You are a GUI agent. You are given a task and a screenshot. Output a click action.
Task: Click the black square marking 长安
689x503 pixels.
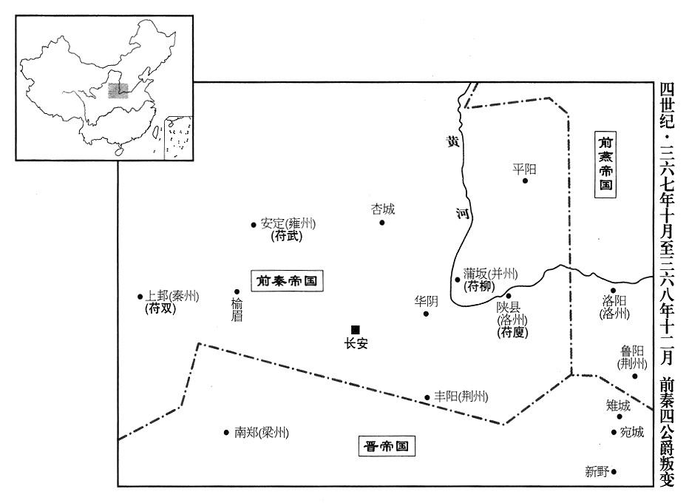tap(356, 330)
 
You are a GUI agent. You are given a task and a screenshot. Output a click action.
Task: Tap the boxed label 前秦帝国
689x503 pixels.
tap(287, 280)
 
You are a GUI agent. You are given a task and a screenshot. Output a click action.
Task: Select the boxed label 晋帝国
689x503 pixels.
tap(386, 446)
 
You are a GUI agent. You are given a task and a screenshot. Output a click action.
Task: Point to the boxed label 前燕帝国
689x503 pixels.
tap(605, 164)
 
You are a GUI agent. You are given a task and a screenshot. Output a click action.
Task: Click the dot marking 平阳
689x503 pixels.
tap(525, 180)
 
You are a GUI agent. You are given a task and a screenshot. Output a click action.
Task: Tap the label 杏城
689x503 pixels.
tap(383, 209)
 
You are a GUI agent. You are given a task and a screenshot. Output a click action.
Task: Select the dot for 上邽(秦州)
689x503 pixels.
tap(140, 297)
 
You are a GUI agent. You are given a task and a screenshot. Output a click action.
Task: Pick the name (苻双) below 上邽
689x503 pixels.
tap(160, 308)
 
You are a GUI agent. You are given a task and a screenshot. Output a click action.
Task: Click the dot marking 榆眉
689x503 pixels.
tap(237, 291)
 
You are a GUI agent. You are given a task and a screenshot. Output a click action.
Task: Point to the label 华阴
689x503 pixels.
tap(427, 302)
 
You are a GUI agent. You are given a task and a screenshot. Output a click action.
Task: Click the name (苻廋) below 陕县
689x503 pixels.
tap(512, 332)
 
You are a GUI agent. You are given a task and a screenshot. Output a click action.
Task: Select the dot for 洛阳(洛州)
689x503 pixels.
tap(613, 291)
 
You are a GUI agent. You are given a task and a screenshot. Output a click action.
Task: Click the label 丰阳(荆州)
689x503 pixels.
tap(461, 396)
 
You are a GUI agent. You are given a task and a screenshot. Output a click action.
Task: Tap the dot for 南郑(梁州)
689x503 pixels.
tap(226, 433)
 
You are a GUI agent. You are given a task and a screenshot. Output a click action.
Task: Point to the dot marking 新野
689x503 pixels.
tap(614, 472)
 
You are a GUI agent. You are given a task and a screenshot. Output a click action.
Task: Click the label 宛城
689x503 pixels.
tap(632, 432)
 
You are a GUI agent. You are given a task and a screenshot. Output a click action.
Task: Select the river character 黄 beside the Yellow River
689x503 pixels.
tap(453, 142)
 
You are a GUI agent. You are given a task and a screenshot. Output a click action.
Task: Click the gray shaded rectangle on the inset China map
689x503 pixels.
tap(118, 90)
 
